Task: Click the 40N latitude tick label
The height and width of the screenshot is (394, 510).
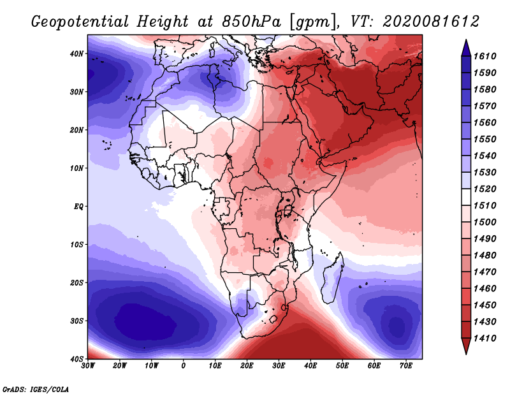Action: [76, 54]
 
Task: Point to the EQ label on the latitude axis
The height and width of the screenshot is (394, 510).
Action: [78, 207]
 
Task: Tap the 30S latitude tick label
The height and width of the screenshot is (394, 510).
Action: [76, 321]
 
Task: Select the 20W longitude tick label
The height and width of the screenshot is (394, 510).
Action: [120, 366]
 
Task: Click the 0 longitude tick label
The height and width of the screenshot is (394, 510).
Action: [184, 366]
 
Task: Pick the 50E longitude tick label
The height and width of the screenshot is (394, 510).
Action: [342, 366]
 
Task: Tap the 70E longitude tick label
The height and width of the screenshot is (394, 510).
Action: [406, 366]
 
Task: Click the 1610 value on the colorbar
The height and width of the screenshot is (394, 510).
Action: [485, 56]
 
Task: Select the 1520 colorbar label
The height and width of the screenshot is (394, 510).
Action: [485, 189]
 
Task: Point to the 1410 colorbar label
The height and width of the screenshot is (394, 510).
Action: [485, 339]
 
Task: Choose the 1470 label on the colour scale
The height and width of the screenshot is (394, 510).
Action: [485, 272]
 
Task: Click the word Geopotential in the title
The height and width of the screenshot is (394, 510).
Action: [80, 22]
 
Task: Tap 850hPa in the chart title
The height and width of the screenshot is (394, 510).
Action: [251, 22]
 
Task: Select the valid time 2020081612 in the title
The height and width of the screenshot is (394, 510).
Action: [432, 22]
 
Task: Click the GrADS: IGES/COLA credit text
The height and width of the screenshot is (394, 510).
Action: [36, 389]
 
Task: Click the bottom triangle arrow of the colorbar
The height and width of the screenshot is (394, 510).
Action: [466, 346]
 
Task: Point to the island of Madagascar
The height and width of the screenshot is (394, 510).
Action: [333, 277]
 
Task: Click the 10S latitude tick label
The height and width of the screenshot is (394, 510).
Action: [76, 244]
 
